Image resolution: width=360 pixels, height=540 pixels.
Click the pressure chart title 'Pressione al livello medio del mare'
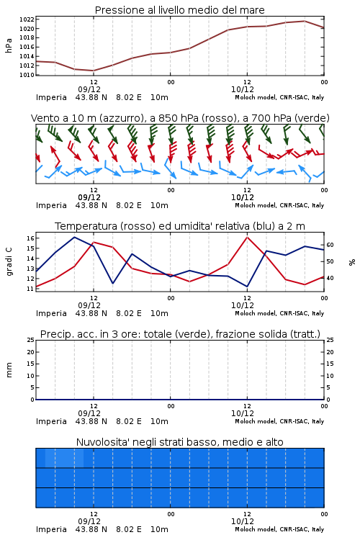coord(179,10)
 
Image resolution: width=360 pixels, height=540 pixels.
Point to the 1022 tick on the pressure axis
coord(27,19)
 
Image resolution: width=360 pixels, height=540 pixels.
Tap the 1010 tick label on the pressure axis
coord(27,75)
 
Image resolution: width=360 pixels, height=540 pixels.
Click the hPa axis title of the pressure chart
coord(9,45)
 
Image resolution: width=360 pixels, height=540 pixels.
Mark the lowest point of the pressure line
coord(94,71)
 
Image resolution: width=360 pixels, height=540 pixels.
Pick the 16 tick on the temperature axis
coord(30,238)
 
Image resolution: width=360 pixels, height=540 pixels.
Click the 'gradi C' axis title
coord(9,262)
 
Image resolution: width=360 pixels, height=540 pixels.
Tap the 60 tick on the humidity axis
coord(330,245)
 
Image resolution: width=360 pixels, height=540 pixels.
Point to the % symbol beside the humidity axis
coord(352,262)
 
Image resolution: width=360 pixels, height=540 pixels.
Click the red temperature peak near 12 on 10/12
coord(248,237)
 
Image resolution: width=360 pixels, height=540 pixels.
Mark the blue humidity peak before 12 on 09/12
coord(74,238)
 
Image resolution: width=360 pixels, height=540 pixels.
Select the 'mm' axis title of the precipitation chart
coord(9,370)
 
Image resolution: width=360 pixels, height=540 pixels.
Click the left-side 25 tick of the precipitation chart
coord(30,340)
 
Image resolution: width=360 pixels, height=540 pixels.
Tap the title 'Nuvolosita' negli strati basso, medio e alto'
coord(179,442)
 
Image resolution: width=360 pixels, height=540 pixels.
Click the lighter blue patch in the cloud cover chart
coord(64,458)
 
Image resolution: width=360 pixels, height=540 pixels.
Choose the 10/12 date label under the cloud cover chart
coord(243,521)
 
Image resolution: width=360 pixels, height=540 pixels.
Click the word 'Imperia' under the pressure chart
coord(51,97)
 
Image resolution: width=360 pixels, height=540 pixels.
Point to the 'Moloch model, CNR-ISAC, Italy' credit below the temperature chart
coord(279,313)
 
